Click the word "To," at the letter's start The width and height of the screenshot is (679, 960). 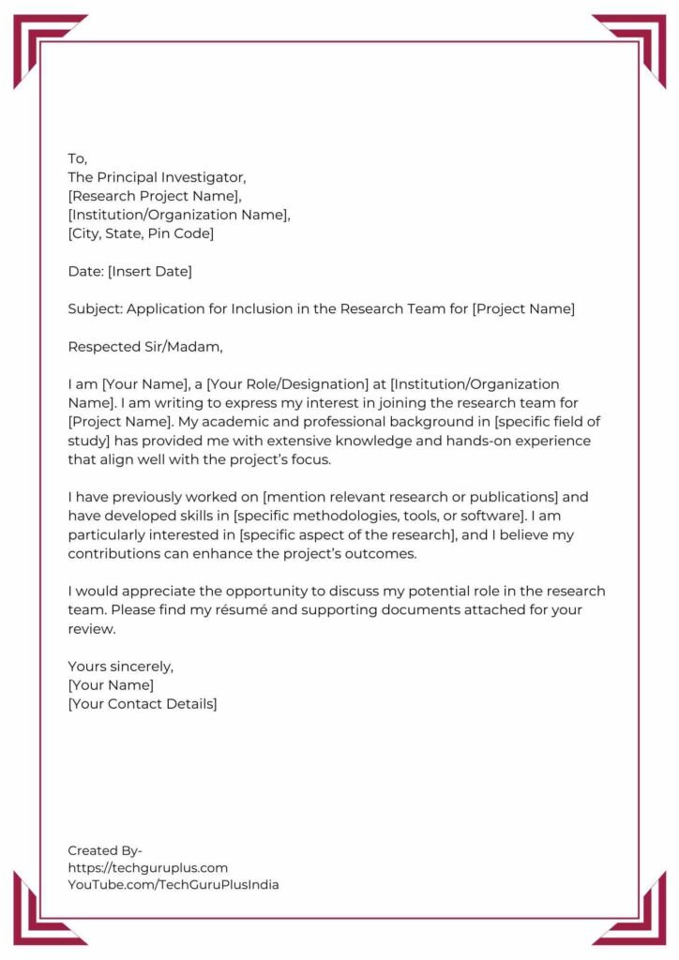pos(77,158)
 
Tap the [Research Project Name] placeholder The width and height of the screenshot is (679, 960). pos(155,196)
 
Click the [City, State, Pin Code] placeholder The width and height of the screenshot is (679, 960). pos(141,233)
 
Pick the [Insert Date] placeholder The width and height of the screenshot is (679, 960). pos(149,272)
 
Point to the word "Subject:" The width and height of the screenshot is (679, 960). pos(95,309)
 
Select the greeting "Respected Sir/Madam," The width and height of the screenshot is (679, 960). pos(145,347)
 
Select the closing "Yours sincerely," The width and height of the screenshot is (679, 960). pos(121,667)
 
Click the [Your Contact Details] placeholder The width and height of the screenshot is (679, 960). pos(143,704)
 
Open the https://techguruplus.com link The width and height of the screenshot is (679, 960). pos(147,868)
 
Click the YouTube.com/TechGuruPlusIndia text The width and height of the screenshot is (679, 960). pos(173,884)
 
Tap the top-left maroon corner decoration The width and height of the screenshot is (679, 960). pos(42,42)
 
